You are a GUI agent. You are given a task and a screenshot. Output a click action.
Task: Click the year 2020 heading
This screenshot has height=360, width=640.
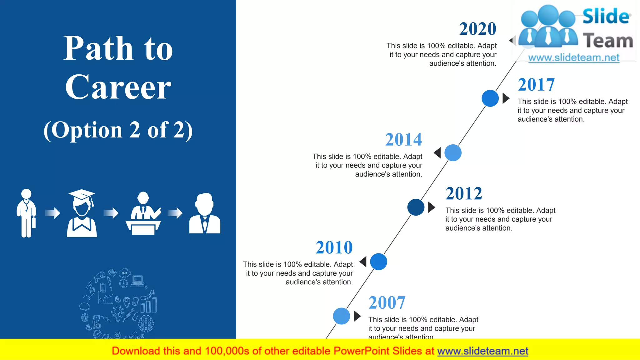point(477,29)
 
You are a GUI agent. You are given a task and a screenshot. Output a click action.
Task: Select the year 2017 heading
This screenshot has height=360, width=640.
point(536,85)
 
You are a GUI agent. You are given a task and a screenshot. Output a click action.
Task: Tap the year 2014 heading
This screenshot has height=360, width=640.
point(403,139)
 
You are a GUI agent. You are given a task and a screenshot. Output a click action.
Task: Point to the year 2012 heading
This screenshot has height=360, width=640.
point(464,193)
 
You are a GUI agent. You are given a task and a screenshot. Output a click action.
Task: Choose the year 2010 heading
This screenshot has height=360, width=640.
point(334,247)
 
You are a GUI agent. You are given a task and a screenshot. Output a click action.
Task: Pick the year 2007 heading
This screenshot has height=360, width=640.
point(387,302)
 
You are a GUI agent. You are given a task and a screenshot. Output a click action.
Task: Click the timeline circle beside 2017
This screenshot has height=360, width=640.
point(490,98)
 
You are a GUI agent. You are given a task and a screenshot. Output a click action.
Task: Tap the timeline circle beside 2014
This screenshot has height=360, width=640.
point(453,153)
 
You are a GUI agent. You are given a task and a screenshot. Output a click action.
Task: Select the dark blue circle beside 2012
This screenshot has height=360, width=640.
point(416,207)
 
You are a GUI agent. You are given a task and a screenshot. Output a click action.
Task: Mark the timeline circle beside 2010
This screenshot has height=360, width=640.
point(378,262)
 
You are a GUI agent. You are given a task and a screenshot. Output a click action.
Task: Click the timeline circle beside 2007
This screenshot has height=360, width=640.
point(341,316)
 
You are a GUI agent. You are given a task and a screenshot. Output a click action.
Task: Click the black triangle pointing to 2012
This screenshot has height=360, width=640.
point(431,207)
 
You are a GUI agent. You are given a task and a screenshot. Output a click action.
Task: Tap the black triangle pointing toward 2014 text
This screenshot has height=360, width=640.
point(437,153)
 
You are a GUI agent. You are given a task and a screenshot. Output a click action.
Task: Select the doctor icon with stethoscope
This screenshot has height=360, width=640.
point(26,213)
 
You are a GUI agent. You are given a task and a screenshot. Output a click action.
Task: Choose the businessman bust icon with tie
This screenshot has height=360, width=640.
point(205,213)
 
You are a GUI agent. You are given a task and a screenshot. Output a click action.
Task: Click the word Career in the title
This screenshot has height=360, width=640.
point(118,87)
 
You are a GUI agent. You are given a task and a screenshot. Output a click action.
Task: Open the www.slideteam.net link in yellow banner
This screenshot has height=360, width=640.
point(482,351)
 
